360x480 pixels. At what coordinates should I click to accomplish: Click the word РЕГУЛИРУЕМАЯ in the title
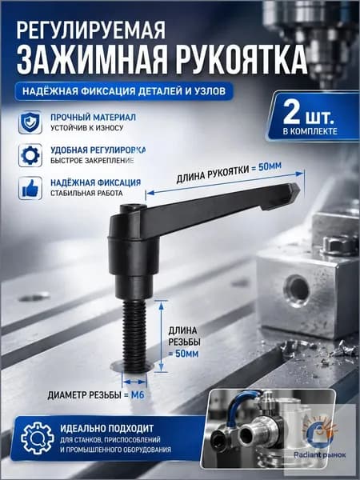[91, 30]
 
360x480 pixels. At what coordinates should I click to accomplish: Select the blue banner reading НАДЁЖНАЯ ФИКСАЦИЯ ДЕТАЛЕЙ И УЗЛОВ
[124, 91]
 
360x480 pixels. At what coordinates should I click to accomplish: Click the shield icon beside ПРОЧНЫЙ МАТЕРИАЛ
[30, 122]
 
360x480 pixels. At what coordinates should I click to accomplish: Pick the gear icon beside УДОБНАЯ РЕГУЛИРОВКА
[30, 155]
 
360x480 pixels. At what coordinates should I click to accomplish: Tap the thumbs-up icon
[30, 188]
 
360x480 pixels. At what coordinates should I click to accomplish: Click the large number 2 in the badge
[291, 112]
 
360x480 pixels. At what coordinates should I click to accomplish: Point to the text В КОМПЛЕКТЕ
[310, 131]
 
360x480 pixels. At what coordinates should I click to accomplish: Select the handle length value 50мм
[270, 167]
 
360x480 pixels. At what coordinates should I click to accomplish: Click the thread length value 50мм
[186, 354]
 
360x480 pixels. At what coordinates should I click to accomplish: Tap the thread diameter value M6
[138, 395]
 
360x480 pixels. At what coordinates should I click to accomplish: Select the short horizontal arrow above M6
[134, 382]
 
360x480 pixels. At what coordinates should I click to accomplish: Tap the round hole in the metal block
[297, 290]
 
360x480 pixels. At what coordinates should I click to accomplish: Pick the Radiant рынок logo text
[319, 455]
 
